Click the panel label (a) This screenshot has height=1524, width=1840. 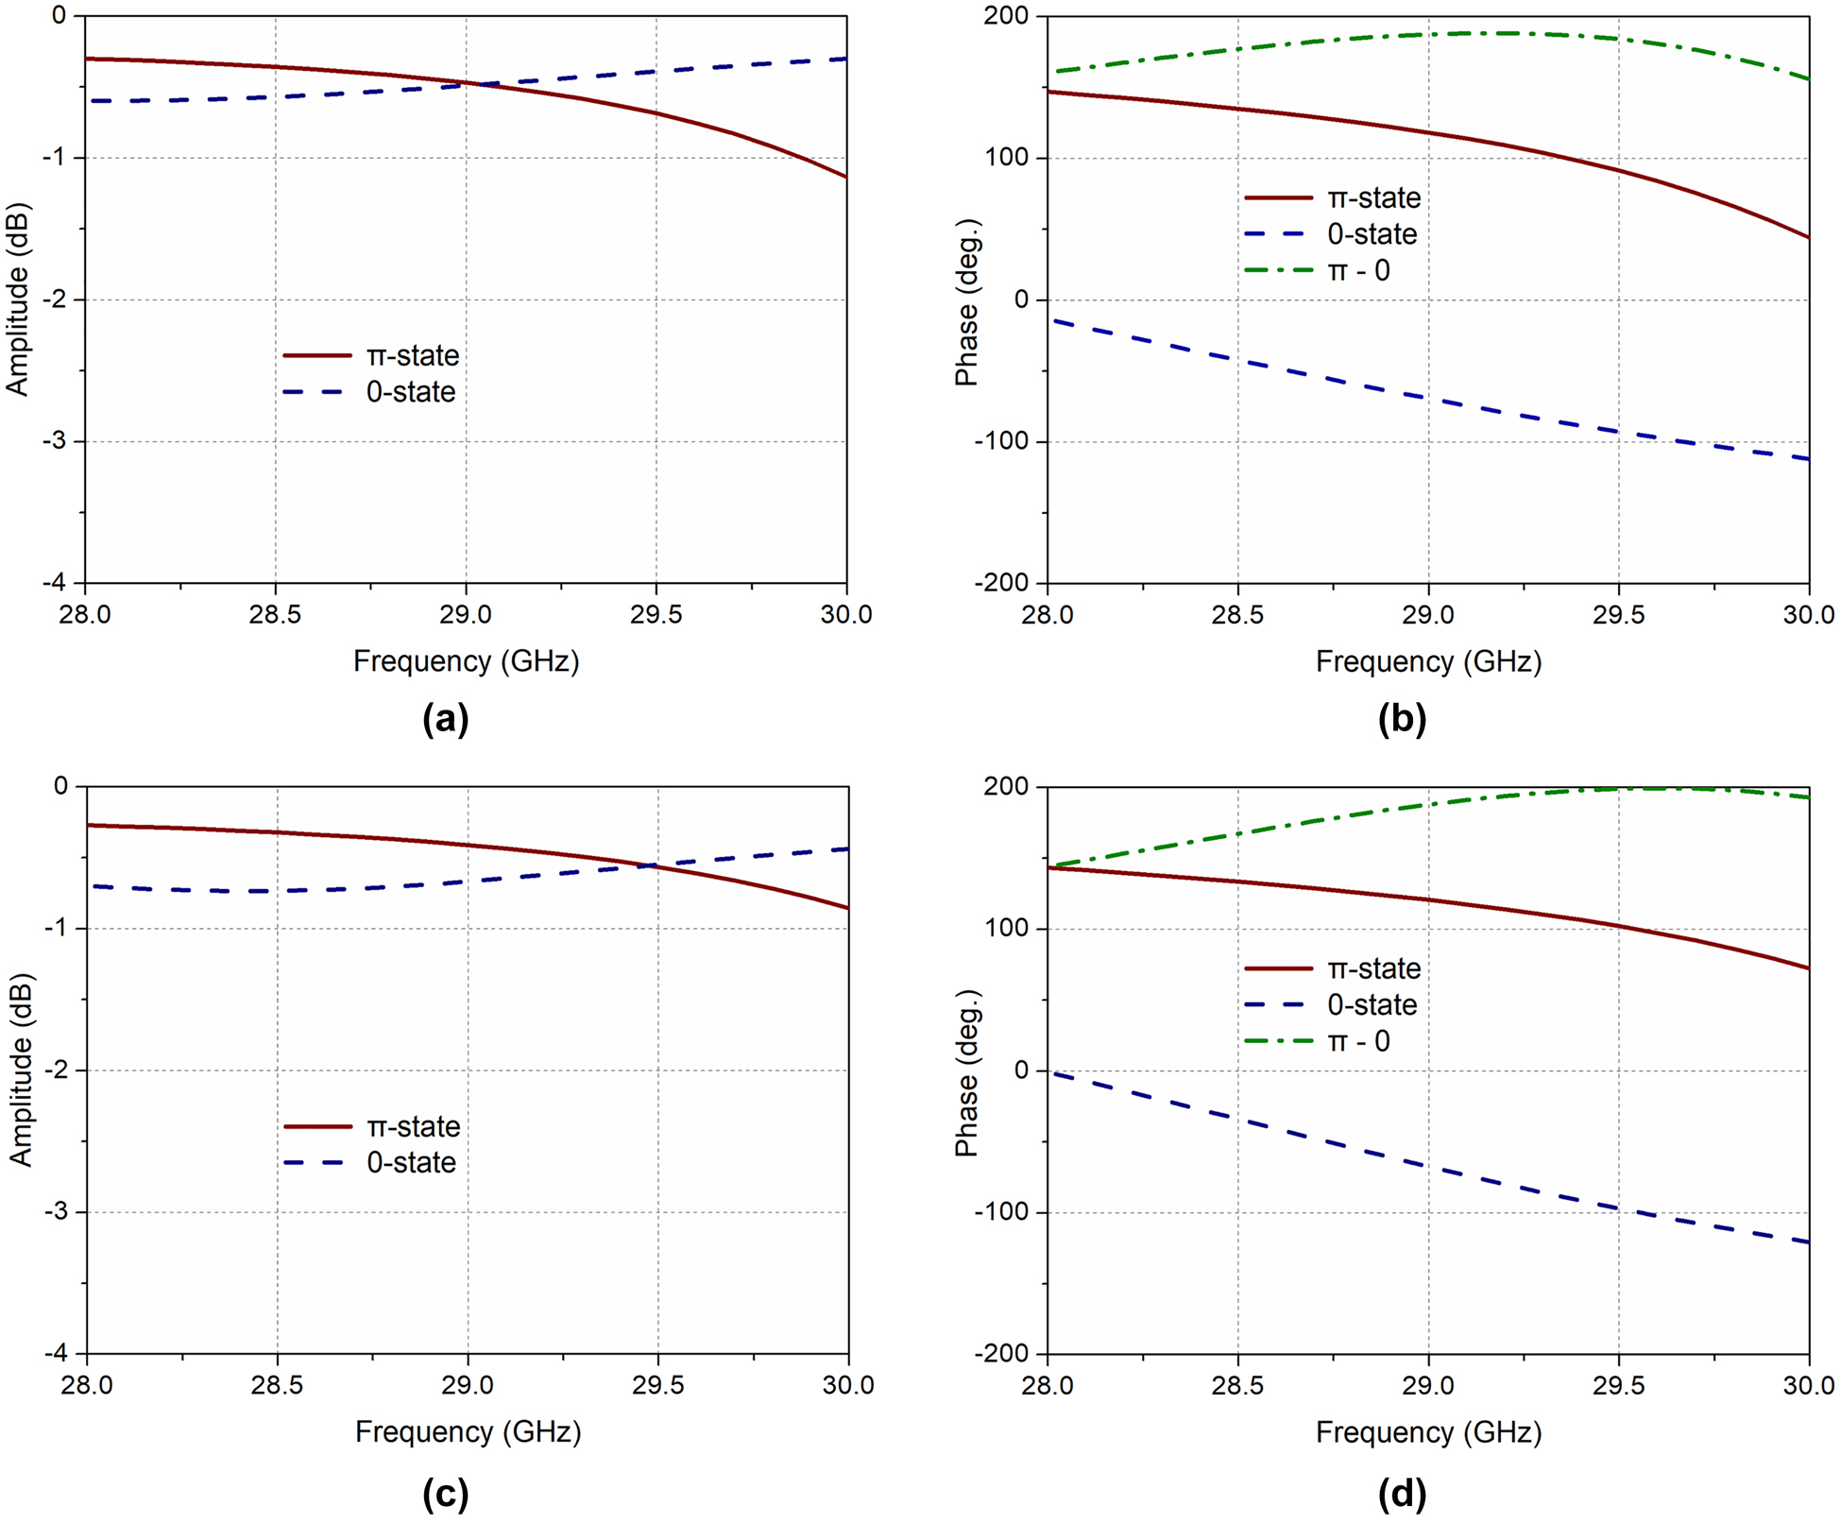click(x=446, y=720)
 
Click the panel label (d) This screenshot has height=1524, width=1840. click(x=1402, y=1493)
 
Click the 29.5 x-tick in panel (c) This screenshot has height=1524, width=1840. click(x=657, y=1385)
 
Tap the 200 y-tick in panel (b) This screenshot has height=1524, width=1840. click(x=1007, y=16)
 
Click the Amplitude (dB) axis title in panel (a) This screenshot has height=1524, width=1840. click(x=18, y=300)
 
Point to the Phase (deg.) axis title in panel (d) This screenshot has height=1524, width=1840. click(x=966, y=1072)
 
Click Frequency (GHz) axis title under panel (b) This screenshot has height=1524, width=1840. click(x=1428, y=661)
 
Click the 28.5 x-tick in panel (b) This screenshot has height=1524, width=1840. click(x=1237, y=615)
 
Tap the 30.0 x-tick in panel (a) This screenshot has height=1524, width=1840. click(x=845, y=615)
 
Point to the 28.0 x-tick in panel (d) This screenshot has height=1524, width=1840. click(x=1048, y=1385)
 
